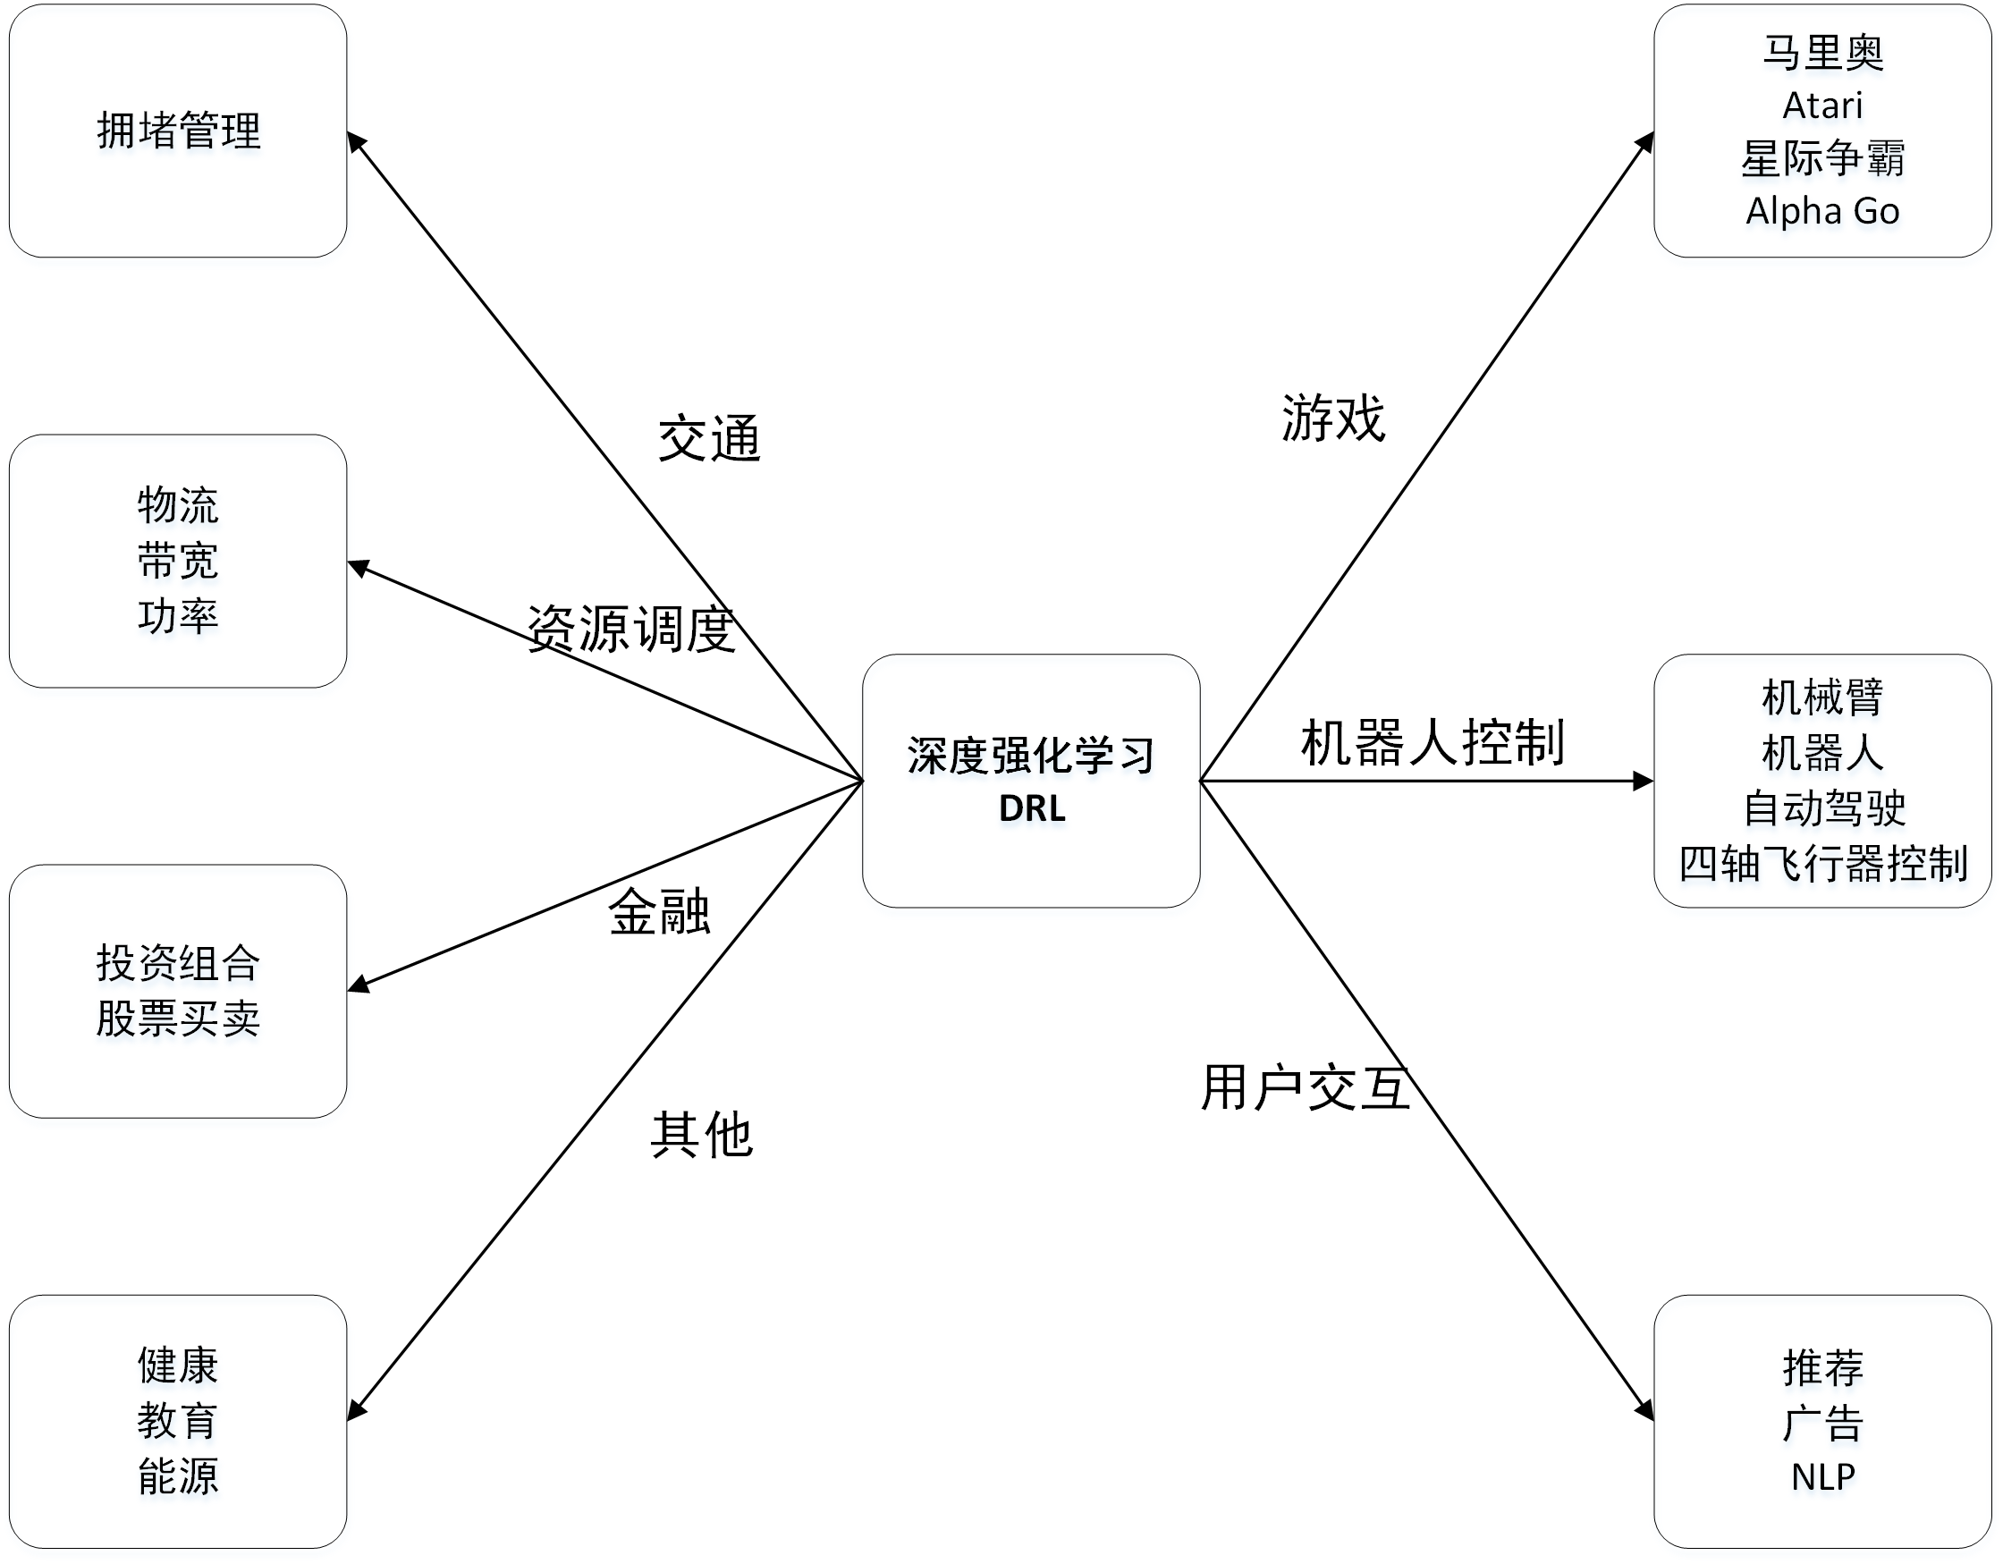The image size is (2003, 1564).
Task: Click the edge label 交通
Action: tap(709, 438)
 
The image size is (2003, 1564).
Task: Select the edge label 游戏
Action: tap(1332, 418)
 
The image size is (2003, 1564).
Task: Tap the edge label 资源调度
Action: tap(631, 630)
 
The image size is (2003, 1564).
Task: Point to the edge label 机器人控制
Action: tap(1433, 742)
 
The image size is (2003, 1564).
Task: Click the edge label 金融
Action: tap(659, 912)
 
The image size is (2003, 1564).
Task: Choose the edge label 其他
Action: tap(702, 1135)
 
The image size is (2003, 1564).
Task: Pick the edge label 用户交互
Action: tap(1305, 1088)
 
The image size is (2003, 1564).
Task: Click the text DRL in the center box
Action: tap(1032, 808)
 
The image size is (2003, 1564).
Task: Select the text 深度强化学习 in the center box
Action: tap(1031, 756)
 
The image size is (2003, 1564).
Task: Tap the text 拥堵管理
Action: tap(179, 131)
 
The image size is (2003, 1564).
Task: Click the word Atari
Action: tap(1822, 106)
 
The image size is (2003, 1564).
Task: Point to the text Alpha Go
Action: tap(1822, 211)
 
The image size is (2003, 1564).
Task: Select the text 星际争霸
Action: tap(1822, 158)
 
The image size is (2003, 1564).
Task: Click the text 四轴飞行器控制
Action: tap(1823, 863)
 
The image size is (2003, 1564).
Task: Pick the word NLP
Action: tap(1822, 1477)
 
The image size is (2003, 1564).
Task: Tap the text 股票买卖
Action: tap(179, 1019)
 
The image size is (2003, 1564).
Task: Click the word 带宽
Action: tap(178, 561)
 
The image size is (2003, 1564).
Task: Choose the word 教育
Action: tap(178, 1421)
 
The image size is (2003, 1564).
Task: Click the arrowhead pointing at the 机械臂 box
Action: tap(1644, 781)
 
